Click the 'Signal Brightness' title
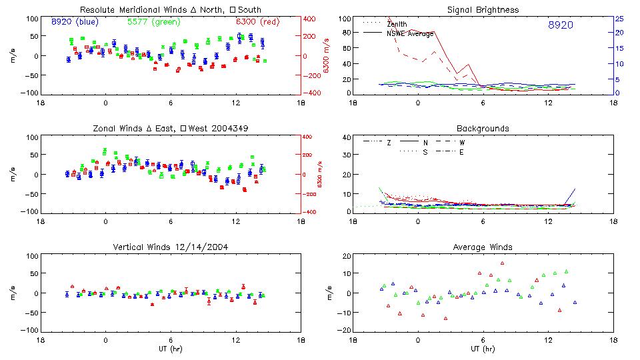[484, 10]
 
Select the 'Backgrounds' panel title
[483, 128]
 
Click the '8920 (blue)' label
[75, 22]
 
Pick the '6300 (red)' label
[257, 22]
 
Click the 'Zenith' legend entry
[397, 24]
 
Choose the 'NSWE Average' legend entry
[410, 33]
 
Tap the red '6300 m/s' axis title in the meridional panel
[327, 55]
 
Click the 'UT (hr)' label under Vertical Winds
[171, 347]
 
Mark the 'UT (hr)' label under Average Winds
[484, 347]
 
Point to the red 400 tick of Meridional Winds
[310, 19]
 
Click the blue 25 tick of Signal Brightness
[619, 19]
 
